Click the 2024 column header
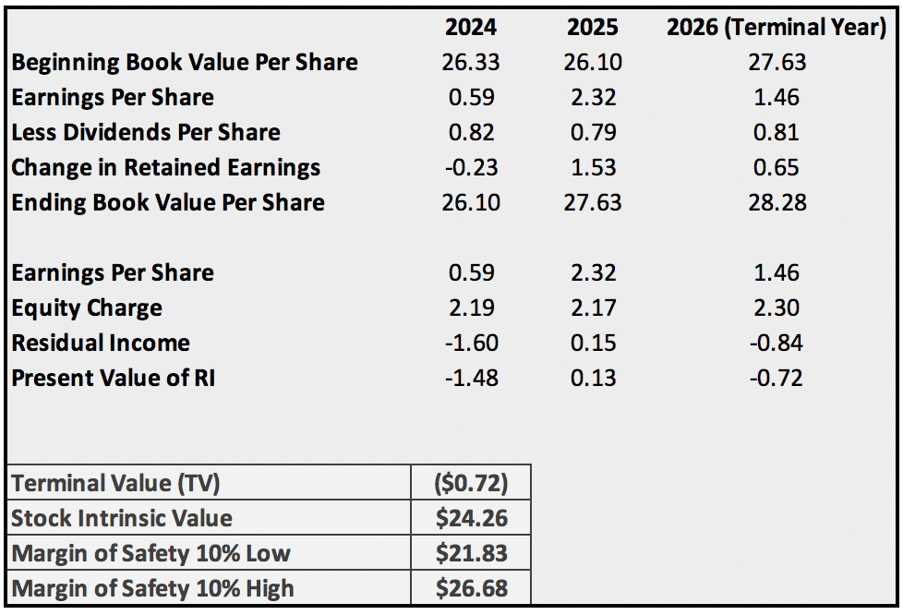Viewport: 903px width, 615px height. [471, 28]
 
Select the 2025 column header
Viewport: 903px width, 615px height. [592, 28]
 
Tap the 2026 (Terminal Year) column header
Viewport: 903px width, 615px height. [777, 28]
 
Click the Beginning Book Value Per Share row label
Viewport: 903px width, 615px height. [185, 63]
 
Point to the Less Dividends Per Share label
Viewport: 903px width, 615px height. [146, 133]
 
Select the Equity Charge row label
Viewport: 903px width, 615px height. [87, 308]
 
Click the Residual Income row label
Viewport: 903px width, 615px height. [101, 344]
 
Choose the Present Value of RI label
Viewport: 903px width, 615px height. [113, 379]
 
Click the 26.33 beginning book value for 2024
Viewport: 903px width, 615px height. [471, 63]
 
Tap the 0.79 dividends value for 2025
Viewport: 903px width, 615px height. [592, 133]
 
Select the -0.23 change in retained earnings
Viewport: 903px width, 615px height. [471, 168]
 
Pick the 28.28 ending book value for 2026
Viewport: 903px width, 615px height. [777, 203]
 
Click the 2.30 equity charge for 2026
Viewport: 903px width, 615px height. [777, 308]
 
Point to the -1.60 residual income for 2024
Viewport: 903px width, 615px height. [471, 344]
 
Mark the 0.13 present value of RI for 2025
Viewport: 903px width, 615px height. [592, 379]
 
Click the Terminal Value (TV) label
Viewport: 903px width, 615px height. [115, 483]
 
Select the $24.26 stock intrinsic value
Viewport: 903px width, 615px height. [471, 518]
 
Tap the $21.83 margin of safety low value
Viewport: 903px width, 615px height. [471, 553]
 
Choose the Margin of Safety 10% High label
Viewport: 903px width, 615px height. [152, 588]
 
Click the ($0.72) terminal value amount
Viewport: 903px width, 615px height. [471, 483]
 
